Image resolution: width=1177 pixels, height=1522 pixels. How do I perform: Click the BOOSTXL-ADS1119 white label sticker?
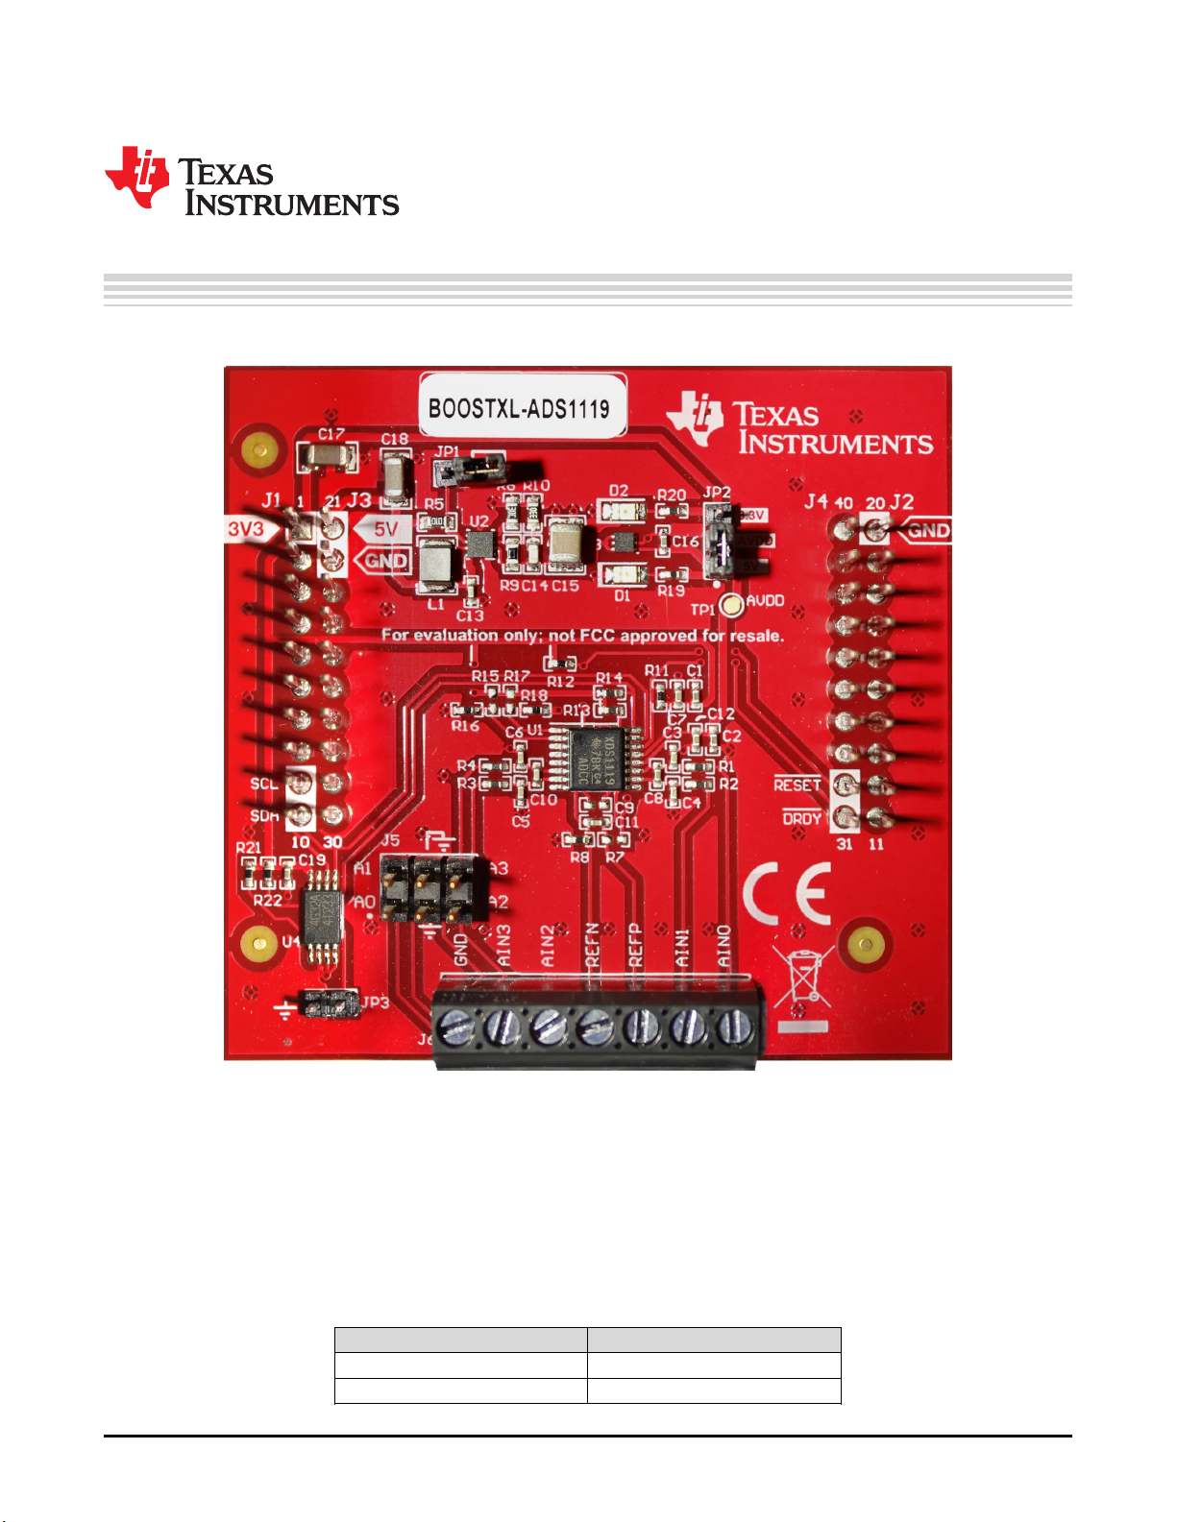coord(520,407)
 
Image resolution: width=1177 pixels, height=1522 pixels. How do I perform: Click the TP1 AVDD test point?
coord(732,605)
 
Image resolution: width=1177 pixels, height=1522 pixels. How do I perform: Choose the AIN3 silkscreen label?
coord(503,945)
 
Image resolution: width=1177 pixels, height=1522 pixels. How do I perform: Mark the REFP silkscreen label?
coord(635,945)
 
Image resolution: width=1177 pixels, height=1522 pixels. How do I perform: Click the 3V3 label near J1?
coord(246,529)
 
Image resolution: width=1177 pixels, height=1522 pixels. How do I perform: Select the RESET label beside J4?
coord(797,785)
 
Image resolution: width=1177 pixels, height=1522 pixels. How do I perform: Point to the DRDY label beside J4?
coord(801,818)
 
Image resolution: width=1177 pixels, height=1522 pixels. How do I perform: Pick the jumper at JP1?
coord(470,470)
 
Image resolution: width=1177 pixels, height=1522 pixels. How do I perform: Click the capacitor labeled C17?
coord(327,456)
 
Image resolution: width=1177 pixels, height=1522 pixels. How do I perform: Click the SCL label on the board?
coord(263,784)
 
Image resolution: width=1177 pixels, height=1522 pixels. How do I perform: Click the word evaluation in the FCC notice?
coord(455,635)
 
